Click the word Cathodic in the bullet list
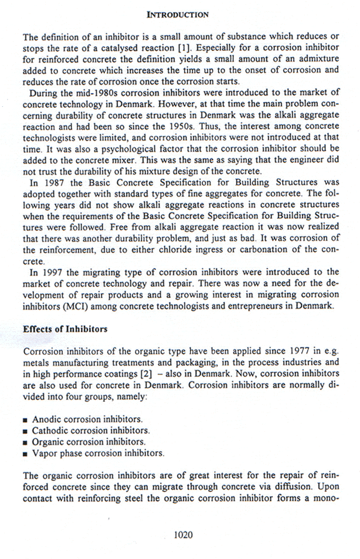point(49,431)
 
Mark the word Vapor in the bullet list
point(43,453)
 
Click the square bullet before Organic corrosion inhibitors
point(26,442)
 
